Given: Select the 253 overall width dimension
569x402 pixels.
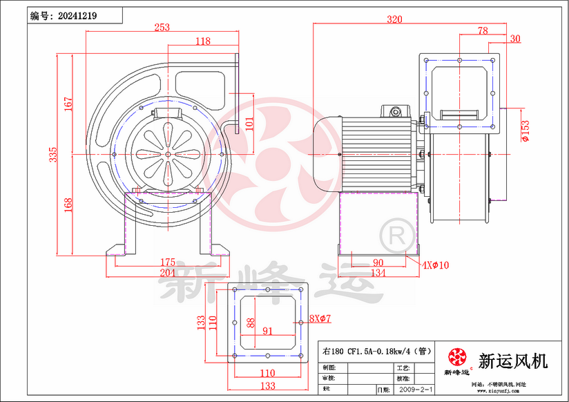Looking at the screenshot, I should (x=162, y=28).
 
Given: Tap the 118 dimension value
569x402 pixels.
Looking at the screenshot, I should (x=202, y=41).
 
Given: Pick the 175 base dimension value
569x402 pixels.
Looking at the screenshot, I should (x=167, y=262).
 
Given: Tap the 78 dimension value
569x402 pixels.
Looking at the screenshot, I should (x=482, y=30).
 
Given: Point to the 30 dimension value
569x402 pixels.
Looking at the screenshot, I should (x=514, y=39).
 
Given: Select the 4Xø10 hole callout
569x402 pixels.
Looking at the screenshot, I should (x=436, y=265).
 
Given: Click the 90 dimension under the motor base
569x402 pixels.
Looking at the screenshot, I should (x=378, y=262).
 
